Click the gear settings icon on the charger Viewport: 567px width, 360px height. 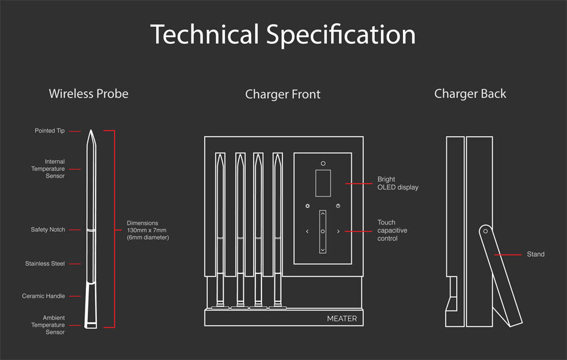pyautogui.click(x=308, y=206)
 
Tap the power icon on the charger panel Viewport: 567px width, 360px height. pyautogui.click(x=338, y=206)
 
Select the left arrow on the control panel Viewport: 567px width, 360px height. pyautogui.click(x=307, y=232)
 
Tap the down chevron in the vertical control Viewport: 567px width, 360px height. pyautogui.click(x=323, y=249)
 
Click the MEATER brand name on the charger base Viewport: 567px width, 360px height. pyautogui.click(x=342, y=319)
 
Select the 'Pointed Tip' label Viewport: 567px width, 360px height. pyautogui.click(x=49, y=131)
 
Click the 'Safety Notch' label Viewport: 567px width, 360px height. pyautogui.click(x=48, y=230)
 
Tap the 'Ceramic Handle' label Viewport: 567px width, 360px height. pyautogui.click(x=43, y=297)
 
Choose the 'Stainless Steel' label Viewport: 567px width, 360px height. pyautogui.click(x=45, y=264)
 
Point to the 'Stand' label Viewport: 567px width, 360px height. pyautogui.click(x=535, y=254)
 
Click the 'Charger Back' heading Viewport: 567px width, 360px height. pyautogui.click(x=470, y=94)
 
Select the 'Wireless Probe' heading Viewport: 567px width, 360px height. pyautogui.click(x=88, y=94)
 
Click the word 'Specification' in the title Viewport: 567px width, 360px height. pyautogui.click(x=341, y=34)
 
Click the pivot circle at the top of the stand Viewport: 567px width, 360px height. pyautogui.click(x=485, y=231)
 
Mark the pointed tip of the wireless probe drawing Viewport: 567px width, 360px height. pyautogui.click(x=91, y=132)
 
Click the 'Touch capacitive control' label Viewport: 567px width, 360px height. pyautogui.click(x=392, y=231)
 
